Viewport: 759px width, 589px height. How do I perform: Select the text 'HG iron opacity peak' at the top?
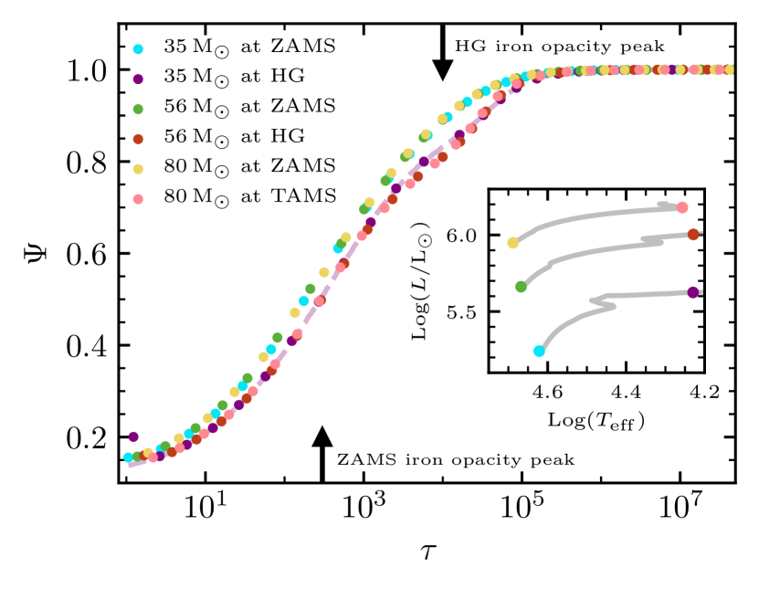click(559, 45)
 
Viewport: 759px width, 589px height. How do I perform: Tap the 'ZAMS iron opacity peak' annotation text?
click(456, 459)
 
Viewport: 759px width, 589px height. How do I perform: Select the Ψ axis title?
click(35, 253)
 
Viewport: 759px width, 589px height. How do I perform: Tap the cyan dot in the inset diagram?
click(539, 351)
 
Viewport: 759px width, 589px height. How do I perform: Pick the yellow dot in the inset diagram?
click(513, 243)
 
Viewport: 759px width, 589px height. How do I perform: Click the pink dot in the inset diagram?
click(681, 207)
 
